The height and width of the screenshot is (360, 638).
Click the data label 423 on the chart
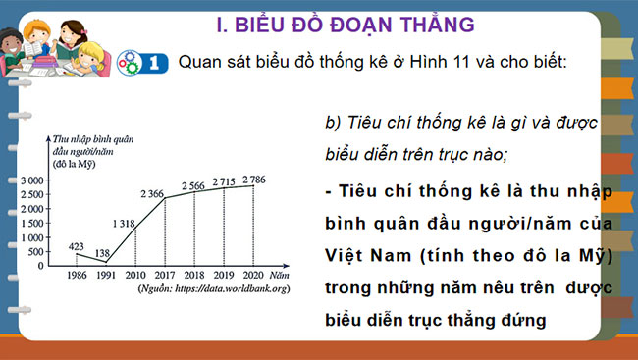77,246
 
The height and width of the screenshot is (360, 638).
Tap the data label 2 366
155,192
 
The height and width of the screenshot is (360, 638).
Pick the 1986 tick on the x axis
78,275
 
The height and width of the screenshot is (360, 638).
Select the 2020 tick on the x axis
254,275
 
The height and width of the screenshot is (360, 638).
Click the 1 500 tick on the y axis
30,224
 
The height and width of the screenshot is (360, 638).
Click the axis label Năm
281,276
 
